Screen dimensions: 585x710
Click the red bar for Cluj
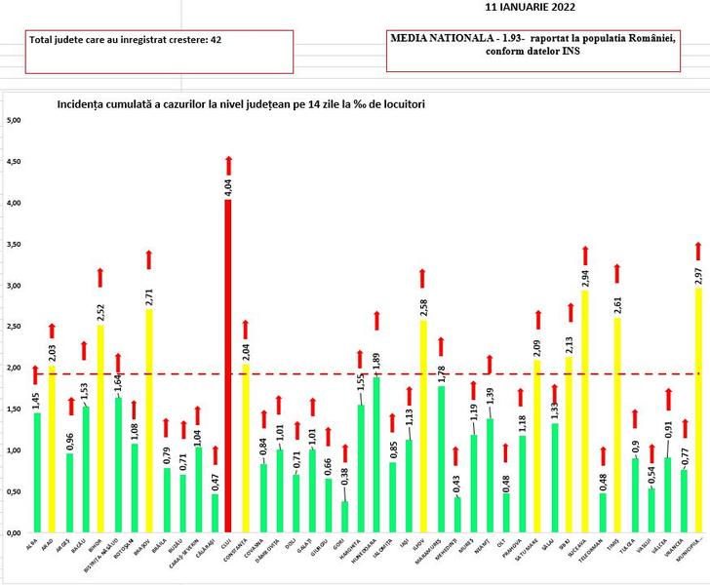[228, 370]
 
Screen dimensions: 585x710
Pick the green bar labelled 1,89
[376, 458]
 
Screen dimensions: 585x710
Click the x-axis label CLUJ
[227, 546]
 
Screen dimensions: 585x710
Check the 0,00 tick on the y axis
[14, 533]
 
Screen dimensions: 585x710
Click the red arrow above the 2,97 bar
[698, 251]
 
